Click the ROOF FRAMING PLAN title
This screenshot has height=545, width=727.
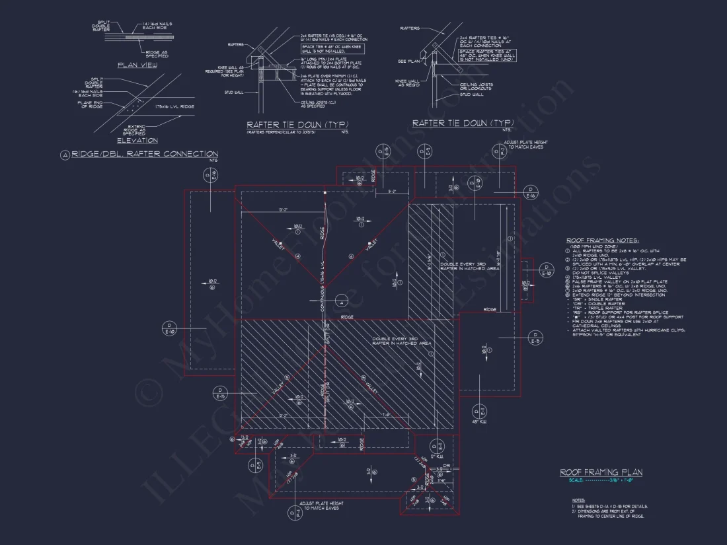(601, 472)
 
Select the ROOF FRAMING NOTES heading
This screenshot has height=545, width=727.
(602, 240)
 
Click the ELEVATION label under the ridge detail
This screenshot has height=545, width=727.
(137, 140)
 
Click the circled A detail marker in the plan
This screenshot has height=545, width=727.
(341, 301)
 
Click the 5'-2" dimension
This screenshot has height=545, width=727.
(392, 192)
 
